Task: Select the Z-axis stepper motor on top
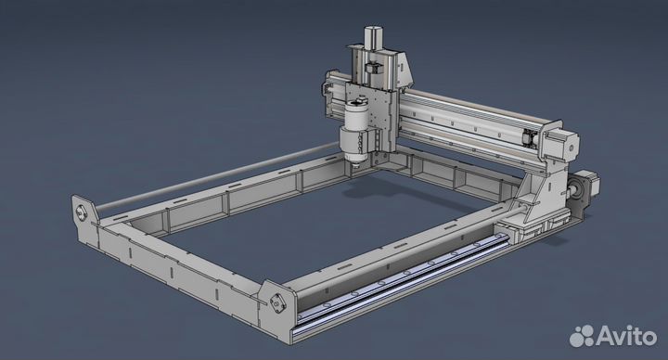coord(375,39)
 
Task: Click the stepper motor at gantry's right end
coord(568,145)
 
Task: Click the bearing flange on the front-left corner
coord(83,211)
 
